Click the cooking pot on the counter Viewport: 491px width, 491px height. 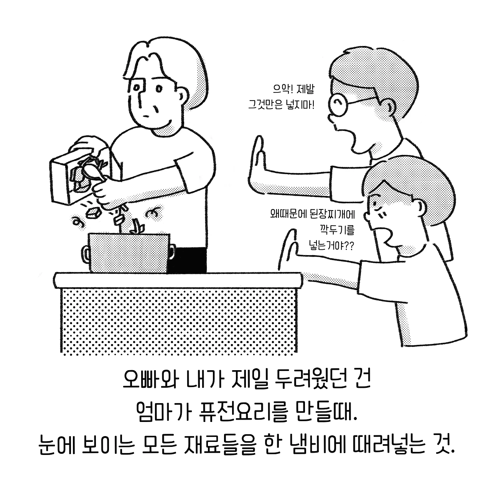click(129, 253)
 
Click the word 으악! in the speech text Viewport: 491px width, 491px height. click(282, 89)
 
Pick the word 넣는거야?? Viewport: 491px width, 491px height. click(331, 246)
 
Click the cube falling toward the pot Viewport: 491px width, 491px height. click(93, 213)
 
